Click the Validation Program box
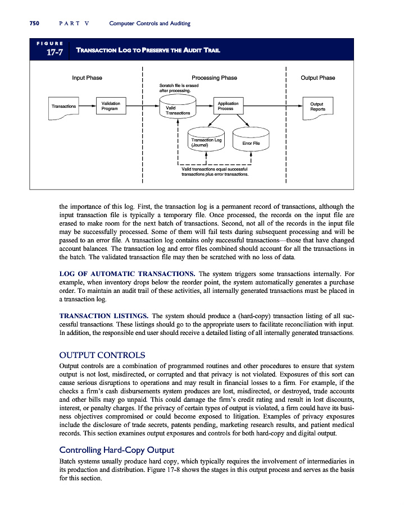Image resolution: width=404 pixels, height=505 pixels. click(x=110, y=106)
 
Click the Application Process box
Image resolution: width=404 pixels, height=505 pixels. click(x=228, y=106)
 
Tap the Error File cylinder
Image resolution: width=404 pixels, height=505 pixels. click(x=251, y=143)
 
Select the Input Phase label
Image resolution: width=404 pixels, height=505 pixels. click(x=87, y=78)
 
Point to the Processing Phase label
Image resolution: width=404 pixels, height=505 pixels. click(x=214, y=78)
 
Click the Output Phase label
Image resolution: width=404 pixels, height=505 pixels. click(x=318, y=78)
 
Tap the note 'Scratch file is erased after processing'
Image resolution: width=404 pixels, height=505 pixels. click(x=176, y=87)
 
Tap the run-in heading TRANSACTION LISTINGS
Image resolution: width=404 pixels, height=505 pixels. click(x=103, y=315)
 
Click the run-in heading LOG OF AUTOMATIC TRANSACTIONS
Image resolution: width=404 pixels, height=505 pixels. click(x=126, y=274)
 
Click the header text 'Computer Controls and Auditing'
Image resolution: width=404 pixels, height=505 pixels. click(x=150, y=24)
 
